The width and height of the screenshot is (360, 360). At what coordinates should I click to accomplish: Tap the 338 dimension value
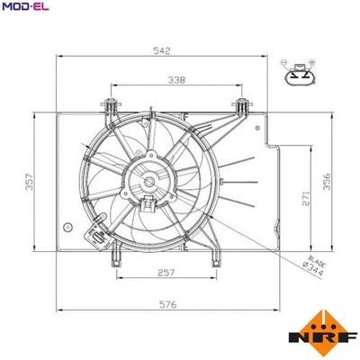177,81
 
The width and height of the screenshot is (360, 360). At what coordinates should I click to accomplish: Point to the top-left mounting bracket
112,105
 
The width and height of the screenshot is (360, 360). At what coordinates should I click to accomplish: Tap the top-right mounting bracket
242,105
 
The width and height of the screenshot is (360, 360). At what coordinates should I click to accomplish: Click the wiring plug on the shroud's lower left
95,237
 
